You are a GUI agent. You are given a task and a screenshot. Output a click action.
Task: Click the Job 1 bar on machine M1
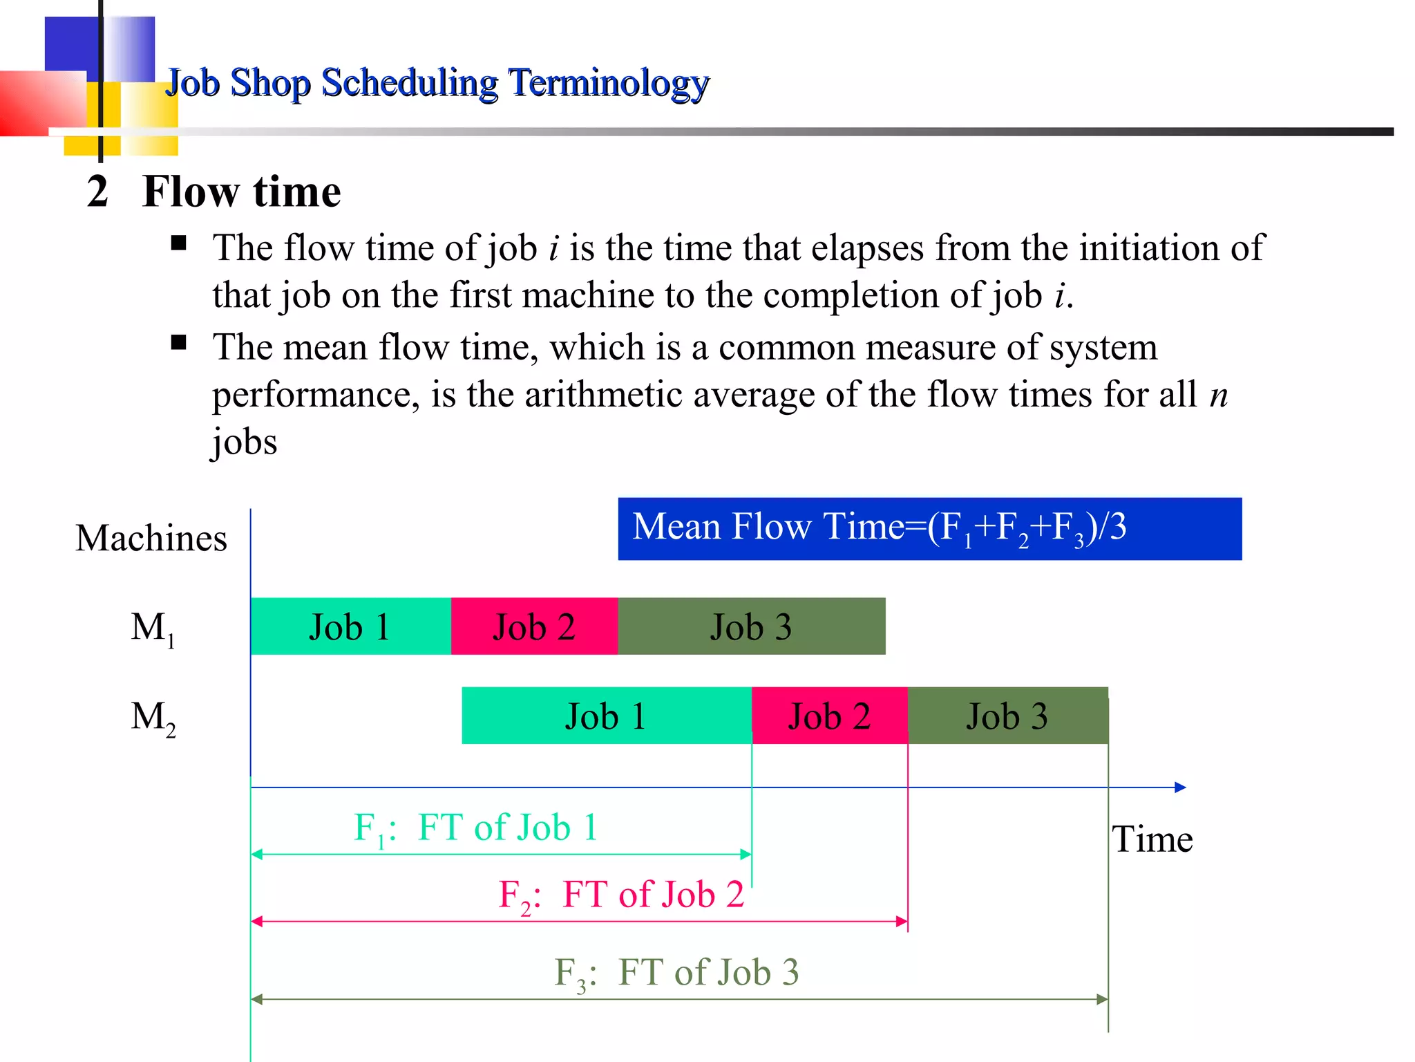pos(350,626)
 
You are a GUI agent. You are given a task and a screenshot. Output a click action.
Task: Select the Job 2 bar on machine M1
pos(534,626)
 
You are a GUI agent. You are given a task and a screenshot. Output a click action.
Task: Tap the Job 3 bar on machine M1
pos(751,626)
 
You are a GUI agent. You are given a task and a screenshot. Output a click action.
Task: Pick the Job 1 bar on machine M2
pos(606,716)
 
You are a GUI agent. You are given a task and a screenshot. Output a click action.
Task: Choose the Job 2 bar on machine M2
pos(829,716)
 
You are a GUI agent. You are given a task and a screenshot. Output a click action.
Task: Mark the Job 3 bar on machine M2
pos(1007,716)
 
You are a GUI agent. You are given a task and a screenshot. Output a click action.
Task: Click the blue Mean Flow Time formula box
pos(929,528)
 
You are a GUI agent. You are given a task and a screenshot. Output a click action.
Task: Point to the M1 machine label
pos(153,629)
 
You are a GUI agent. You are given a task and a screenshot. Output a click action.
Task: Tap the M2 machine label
pos(153,718)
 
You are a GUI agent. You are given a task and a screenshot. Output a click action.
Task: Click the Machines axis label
pos(151,538)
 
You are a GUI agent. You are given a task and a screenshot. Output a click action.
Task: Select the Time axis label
pos(1152,839)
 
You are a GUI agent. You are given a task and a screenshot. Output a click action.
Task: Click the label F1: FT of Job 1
pos(475,828)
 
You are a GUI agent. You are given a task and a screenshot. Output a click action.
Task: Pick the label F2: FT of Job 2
pos(620,895)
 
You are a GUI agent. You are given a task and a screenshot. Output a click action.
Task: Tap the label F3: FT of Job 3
pos(676,973)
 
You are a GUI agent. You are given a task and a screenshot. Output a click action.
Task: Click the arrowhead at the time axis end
pos(1180,787)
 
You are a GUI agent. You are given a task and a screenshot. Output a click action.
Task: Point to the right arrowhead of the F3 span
pos(1102,999)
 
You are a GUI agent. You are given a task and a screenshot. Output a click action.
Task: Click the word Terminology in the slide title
pos(609,83)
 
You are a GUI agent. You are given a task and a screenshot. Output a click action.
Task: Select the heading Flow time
pos(241,192)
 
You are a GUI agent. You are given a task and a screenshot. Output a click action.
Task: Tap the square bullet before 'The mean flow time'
pos(179,343)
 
